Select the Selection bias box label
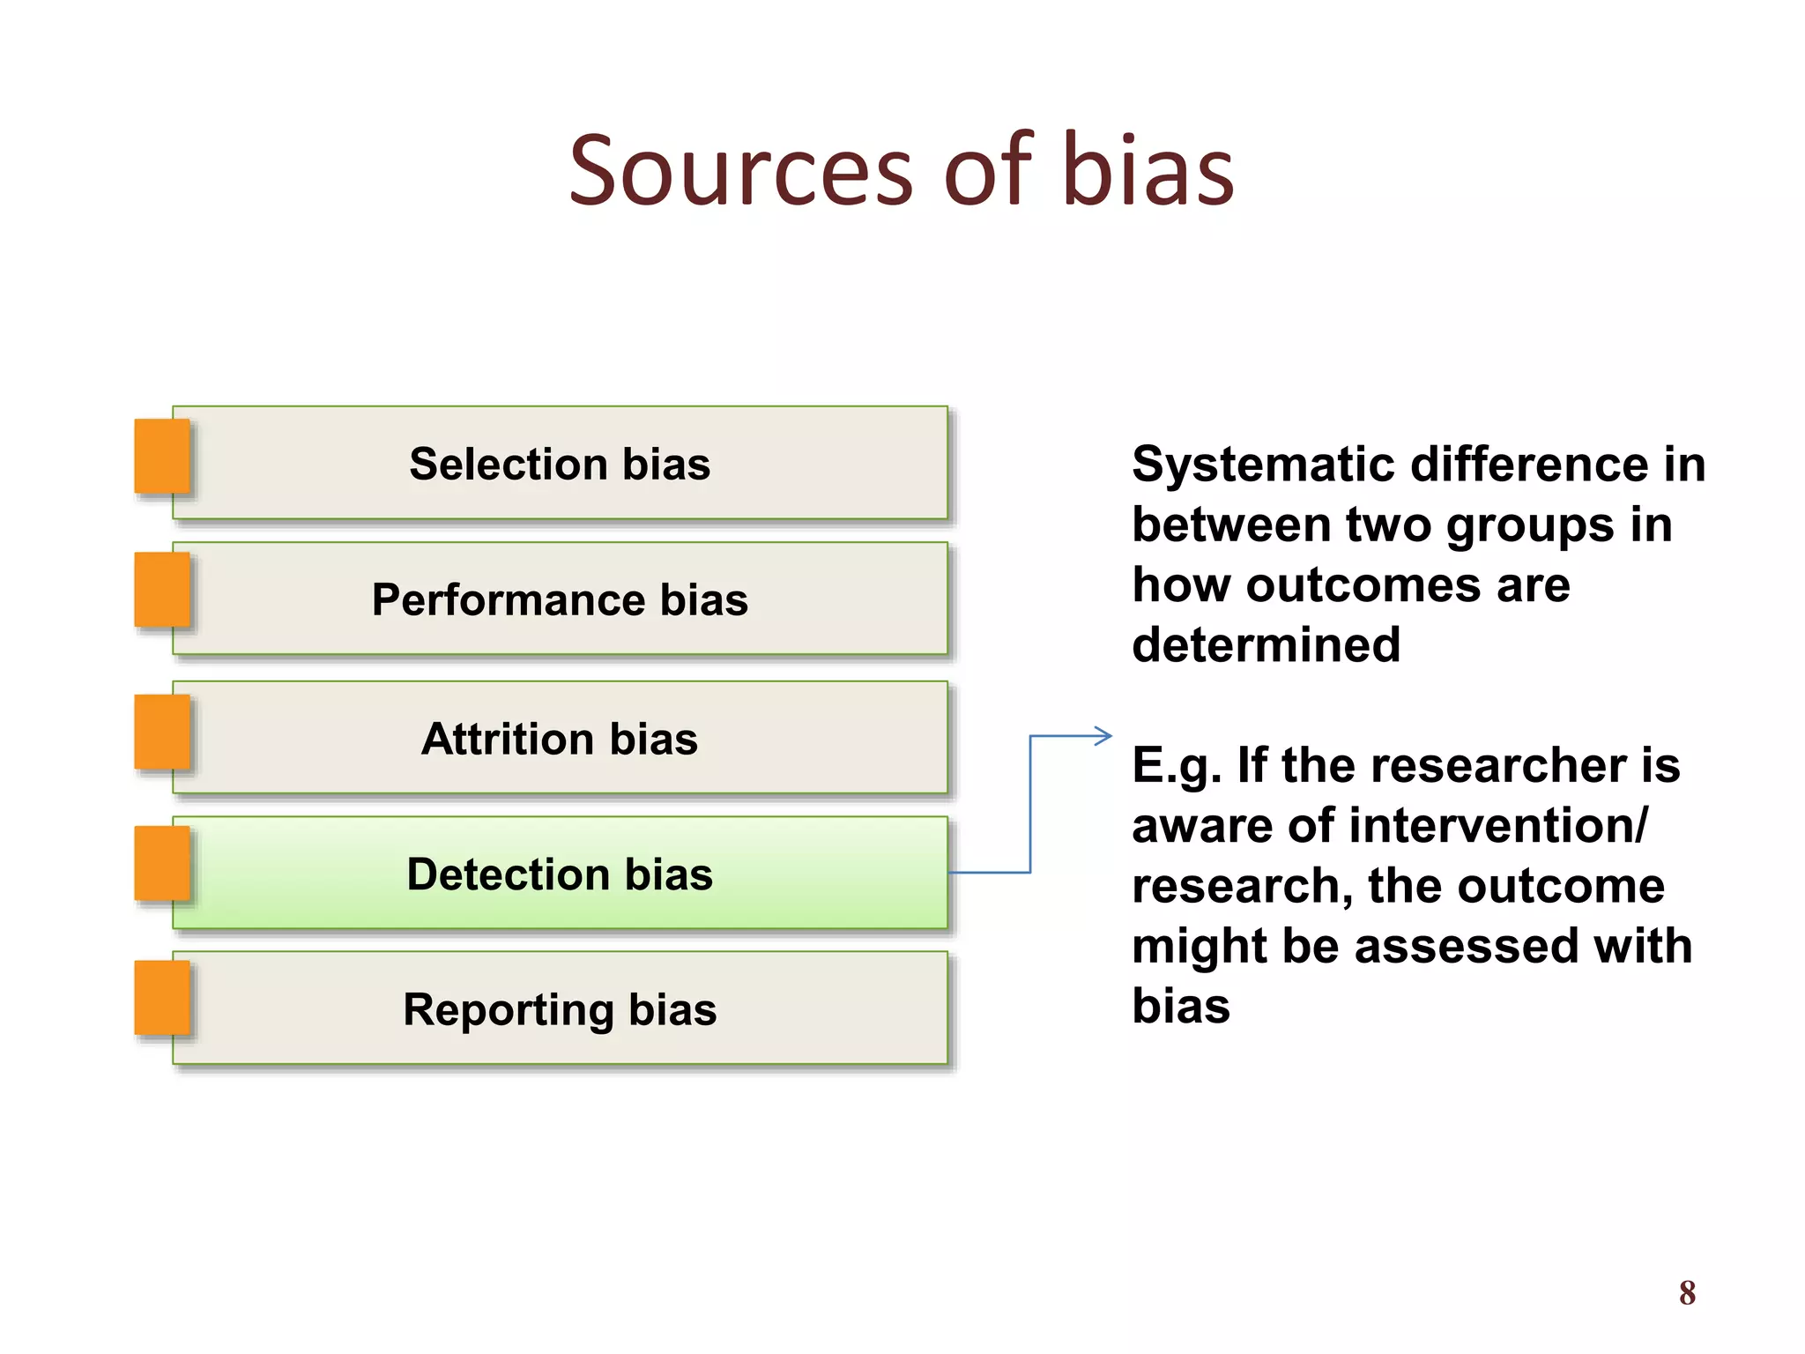click(560, 464)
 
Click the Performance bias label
click(560, 600)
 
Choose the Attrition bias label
click(560, 739)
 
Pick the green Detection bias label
click(560, 874)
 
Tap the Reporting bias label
click(560, 1009)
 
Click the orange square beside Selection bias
click(162, 456)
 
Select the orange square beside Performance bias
click(162, 590)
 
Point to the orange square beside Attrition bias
click(162, 732)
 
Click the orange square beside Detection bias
click(162, 864)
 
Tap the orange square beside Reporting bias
click(162, 997)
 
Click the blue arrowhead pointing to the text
click(1103, 735)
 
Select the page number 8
click(1687, 1293)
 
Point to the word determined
click(1266, 644)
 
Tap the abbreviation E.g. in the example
click(1177, 765)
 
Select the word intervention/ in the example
click(1498, 826)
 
